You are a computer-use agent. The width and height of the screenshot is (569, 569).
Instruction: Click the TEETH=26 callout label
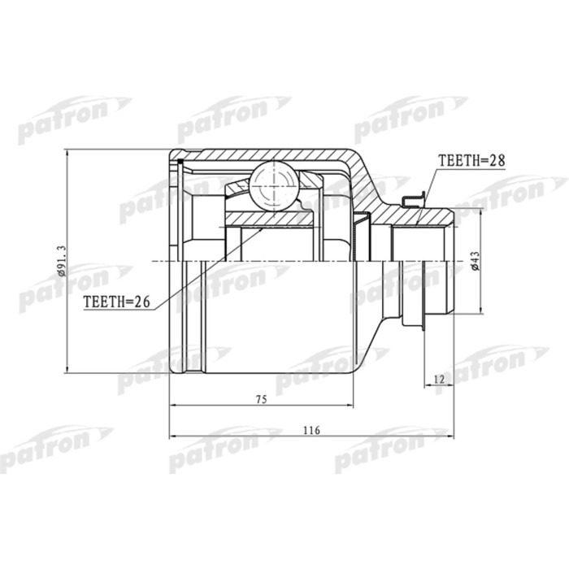point(117,301)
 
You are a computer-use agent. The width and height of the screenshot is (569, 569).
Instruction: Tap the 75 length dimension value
point(261,398)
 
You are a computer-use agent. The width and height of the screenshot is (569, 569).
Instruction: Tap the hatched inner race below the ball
point(269,218)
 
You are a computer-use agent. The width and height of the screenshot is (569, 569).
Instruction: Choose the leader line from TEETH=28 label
point(430,184)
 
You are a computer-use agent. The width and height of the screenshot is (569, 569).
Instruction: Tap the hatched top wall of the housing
point(268,154)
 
